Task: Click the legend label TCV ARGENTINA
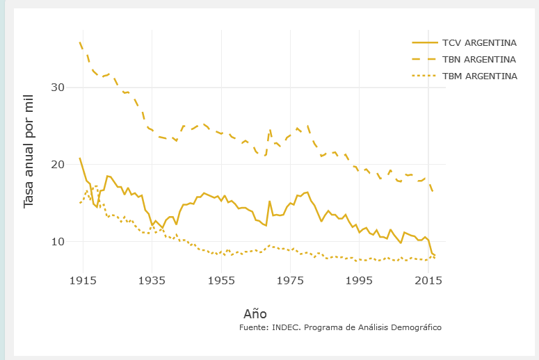[x=479, y=42]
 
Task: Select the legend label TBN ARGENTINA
[x=479, y=59]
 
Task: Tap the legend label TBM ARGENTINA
[x=479, y=76]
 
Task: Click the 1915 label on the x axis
[x=83, y=280]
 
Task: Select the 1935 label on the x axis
[x=152, y=280]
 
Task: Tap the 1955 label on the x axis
[x=221, y=280]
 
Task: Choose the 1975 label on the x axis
[x=290, y=280]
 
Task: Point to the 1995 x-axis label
[x=360, y=280]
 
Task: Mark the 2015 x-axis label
[x=428, y=280]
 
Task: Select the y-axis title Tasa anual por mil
[x=29, y=158]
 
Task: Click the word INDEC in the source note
[x=287, y=327]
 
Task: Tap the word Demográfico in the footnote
[x=413, y=327]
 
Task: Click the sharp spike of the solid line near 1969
[x=269, y=202]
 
